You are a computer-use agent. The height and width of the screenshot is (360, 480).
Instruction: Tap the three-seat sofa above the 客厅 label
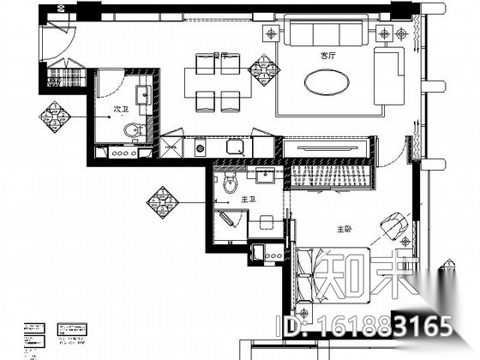pos(323,33)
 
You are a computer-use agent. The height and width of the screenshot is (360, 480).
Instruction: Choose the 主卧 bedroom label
pos(345,229)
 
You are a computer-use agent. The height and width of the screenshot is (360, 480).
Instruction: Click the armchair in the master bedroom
pos(394,225)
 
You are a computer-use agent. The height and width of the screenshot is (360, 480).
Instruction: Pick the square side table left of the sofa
pos(272,35)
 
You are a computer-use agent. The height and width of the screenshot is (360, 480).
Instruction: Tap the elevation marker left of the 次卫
pos(59,115)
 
